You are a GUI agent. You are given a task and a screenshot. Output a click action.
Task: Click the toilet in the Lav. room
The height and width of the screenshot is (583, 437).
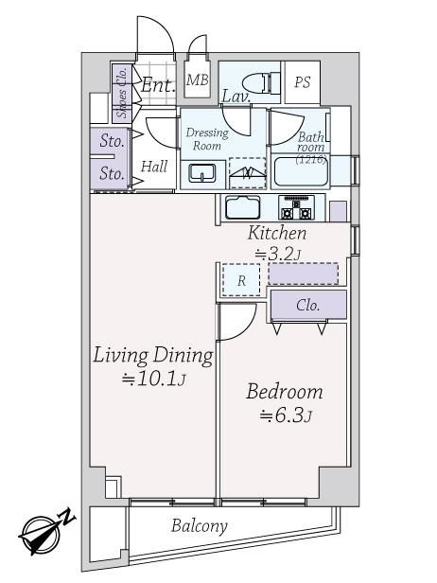pyautogui.click(x=261, y=82)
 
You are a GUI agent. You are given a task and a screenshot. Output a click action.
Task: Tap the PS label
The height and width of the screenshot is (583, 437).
pyautogui.click(x=302, y=82)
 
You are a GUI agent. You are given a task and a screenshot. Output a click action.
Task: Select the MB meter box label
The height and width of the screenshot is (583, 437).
pyautogui.click(x=198, y=79)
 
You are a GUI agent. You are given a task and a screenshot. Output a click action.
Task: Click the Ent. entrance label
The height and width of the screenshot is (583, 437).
pyautogui.click(x=158, y=85)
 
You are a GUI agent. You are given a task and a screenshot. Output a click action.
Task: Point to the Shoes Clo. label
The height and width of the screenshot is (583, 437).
pyautogui.click(x=122, y=93)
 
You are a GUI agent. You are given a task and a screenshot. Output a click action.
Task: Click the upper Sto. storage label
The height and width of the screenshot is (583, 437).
pyautogui.click(x=112, y=141)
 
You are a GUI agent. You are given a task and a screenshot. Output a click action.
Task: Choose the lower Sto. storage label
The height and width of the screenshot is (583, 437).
pyautogui.click(x=112, y=173)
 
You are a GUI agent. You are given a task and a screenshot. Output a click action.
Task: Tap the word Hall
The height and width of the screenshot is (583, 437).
pyautogui.click(x=154, y=167)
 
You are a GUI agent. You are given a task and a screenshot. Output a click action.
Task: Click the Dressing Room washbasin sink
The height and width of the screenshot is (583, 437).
pyautogui.click(x=202, y=173)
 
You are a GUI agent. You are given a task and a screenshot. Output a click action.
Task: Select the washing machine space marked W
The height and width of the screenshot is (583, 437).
pyautogui.click(x=248, y=173)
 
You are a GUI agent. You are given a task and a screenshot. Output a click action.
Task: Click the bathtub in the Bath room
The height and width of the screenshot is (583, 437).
pyautogui.click(x=301, y=172)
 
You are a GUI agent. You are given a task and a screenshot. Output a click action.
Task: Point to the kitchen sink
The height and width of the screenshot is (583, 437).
pyautogui.click(x=243, y=207)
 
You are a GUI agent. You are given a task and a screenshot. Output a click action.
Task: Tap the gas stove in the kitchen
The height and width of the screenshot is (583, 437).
pyautogui.click(x=296, y=208)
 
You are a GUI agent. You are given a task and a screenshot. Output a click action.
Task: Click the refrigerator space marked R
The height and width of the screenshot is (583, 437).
pyautogui.click(x=241, y=280)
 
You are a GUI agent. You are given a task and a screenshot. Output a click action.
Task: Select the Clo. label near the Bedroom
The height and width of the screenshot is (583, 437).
pyautogui.click(x=308, y=306)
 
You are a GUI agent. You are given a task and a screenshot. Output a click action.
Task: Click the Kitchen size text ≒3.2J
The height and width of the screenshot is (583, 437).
pyautogui.click(x=278, y=255)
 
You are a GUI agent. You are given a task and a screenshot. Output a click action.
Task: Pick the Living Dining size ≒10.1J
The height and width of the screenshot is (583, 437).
pyautogui.click(x=154, y=379)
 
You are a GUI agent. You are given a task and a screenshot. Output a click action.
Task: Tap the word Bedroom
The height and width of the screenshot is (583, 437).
pyautogui.click(x=285, y=392)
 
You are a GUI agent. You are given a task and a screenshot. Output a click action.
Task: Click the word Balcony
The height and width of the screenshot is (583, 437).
pyautogui.click(x=200, y=526)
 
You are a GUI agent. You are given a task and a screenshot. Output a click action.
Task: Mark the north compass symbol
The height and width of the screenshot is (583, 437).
pyautogui.click(x=46, y=531)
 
